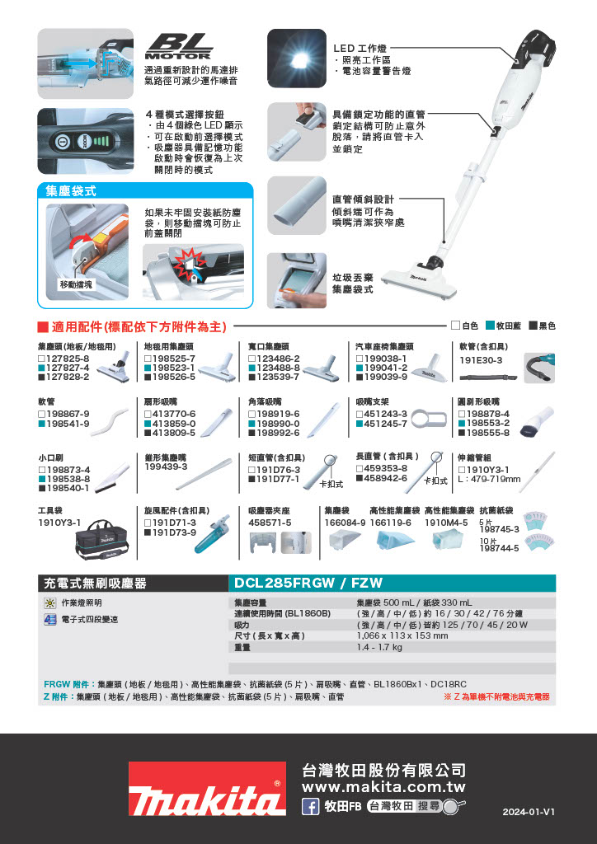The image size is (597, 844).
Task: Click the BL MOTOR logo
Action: (179, 47)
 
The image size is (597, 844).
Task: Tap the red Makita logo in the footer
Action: (207, 788)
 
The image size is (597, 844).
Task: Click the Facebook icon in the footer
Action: (311, 806)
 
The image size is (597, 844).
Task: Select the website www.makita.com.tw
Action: (383, 787)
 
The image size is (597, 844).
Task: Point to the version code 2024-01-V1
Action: (529, 812)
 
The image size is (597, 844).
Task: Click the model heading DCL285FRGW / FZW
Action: (308, 583)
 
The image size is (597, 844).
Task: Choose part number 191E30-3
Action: (481, 360)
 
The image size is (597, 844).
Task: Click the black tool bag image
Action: (102, 540)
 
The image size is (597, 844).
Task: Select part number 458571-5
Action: (270, 523)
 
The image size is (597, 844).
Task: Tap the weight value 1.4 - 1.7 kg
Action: (379, 647)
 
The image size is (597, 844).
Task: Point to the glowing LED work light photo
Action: (297, 59)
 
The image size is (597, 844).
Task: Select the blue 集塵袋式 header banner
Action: (145, 191)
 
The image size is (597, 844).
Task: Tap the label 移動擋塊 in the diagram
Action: (76, 284)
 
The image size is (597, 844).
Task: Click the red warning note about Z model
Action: (496, 696)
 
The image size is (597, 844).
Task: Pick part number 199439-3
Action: (166, 467)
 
